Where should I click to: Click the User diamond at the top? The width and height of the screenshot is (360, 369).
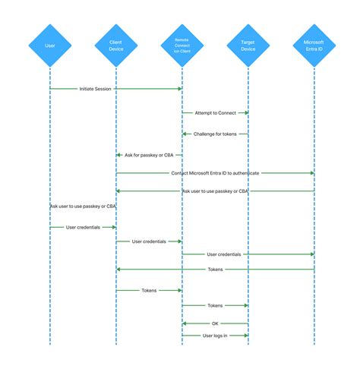pyautogui.click(x=49, y=45)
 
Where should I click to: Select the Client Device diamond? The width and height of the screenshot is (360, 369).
pyautogui.click(x=115, y=45)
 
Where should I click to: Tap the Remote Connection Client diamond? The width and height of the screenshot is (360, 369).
pyautogui.click(x=182, y=45)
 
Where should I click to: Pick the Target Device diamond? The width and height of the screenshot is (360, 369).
pyautogui.click(x=248, y=45)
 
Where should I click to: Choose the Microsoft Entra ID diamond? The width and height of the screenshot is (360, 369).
pyautogui.click(x=314, y=45)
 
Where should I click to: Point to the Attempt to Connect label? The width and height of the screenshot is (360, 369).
pyautogui.click(x=215, y=113)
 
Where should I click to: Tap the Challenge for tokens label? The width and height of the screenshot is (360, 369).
pyautogui.click(x=215, y=134)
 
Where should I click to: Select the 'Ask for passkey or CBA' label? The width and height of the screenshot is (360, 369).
pyautogui.click(x=148, y=155)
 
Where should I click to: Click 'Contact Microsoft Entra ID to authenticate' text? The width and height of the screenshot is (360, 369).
pyautogui.click(x=215, y=173)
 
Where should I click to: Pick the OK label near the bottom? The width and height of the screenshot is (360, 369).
pyautogui.click(x=215, y=323)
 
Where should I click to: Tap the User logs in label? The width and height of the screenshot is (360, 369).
pyautogui.click(x=215, y=335)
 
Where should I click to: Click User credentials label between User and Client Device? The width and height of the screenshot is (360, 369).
pyautogui.click(x=83, y=227)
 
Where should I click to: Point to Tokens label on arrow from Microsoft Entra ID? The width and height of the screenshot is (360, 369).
pyautogui.click(x=215, y=269)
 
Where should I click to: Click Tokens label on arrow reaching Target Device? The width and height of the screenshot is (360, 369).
pyautogui.click(x=215, y=305)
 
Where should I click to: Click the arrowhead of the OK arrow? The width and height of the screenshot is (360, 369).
pyautogui.click(x=185, y=323)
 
